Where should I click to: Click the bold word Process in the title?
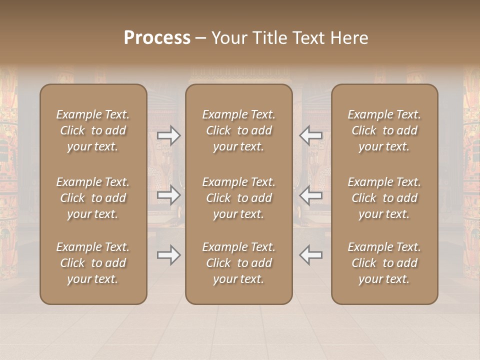tap(157, 38)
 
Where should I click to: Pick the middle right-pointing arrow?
tap(169, 195)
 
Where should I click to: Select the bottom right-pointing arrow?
tap(169, 255)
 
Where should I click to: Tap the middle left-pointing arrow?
tap(310, 195)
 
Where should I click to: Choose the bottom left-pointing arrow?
tap(310, 255)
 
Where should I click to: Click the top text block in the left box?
tap(93, 130)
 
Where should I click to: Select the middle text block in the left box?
tap(93, 198)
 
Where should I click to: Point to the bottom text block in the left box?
tap(93, 263)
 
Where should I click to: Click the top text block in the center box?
tap(238, 130)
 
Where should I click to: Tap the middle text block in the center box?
tap(238, 198)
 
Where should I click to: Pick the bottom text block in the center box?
tap(238, 263)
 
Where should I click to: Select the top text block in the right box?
tap(384, 130)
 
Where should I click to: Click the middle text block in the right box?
tap(384, 198)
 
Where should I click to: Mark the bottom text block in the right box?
tap(384, 263)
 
